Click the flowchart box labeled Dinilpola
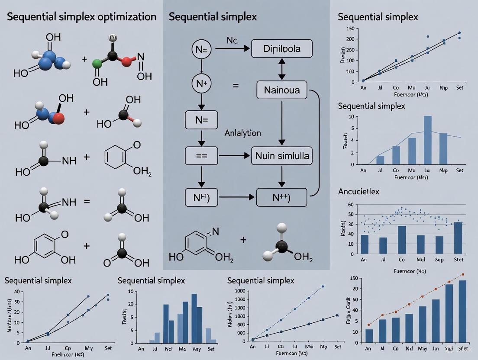(281, 48)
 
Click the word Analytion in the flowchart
(243, 134)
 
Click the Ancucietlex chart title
(358, 191)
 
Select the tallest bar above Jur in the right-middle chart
(427, 140)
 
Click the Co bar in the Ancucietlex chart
(402, 239)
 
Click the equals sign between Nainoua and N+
(236, 86)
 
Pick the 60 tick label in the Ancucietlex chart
(351, 205)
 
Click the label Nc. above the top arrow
(233, 40)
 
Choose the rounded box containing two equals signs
(201, 155)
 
